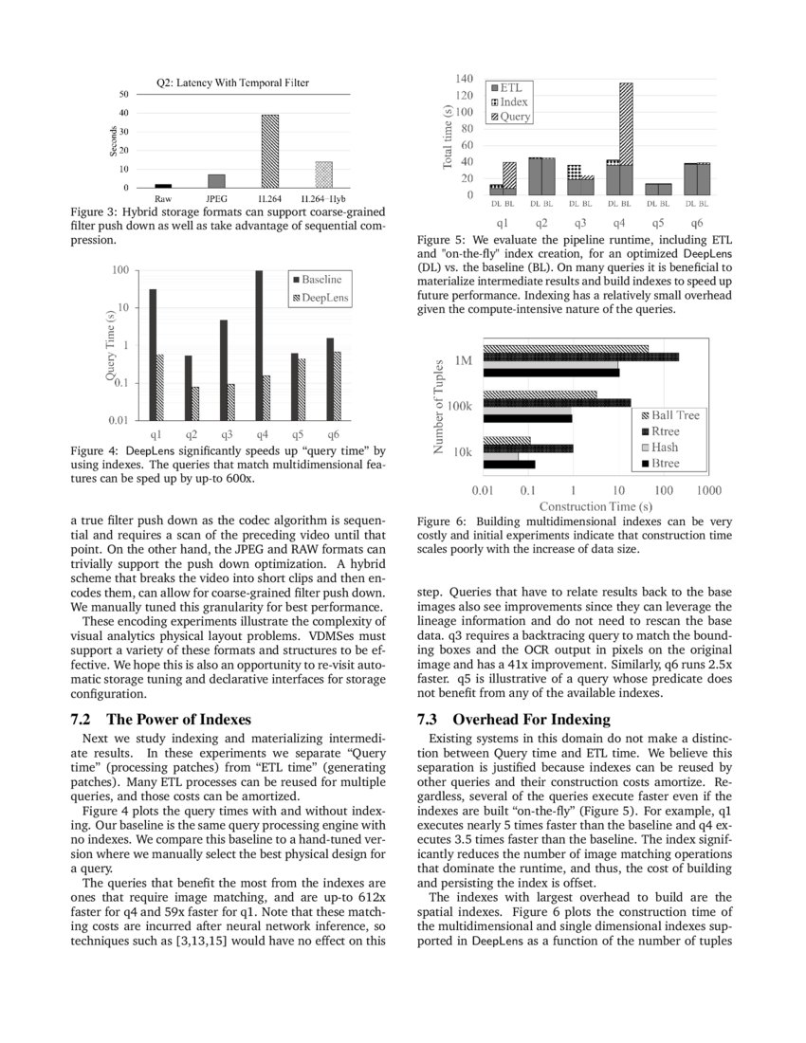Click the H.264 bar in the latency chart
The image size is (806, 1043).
pos(270,151)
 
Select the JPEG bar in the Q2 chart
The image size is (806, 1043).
pos(216,180)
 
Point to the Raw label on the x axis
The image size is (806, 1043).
pos(163,199)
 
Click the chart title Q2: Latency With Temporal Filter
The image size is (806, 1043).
pos(232,83)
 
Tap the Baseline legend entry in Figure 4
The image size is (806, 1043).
pos(321,280)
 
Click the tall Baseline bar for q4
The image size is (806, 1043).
pos(259,345)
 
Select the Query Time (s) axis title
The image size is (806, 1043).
pos(110,347)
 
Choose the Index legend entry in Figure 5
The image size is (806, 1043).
pos(511,102)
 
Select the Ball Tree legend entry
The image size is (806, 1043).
pos(674,415)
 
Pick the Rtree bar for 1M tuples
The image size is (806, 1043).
pos(580,357)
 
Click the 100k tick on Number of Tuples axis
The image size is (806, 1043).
pos(461,407)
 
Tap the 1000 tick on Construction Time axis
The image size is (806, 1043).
pos(707,490)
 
